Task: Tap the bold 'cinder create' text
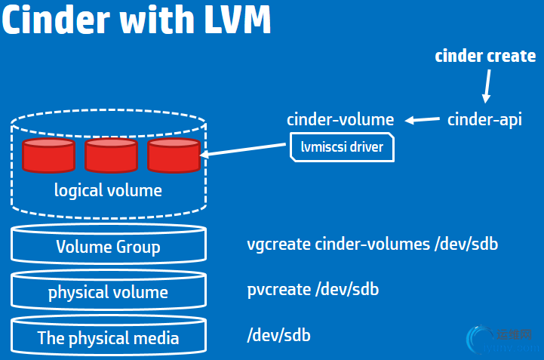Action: pos(485,57)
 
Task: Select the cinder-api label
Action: pos(484,119)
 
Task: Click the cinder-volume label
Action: pos(340,119)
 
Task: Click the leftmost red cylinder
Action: pos(48,155)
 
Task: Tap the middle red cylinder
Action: pos(110,155)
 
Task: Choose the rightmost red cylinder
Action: pos(173,155)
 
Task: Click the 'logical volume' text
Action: pos(108,189)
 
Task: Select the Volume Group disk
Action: pos(108,246)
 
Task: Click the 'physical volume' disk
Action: pos(108,292)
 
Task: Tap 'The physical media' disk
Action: pos(108,337)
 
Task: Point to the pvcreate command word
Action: pos(277,290)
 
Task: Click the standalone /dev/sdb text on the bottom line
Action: pos(278,335)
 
